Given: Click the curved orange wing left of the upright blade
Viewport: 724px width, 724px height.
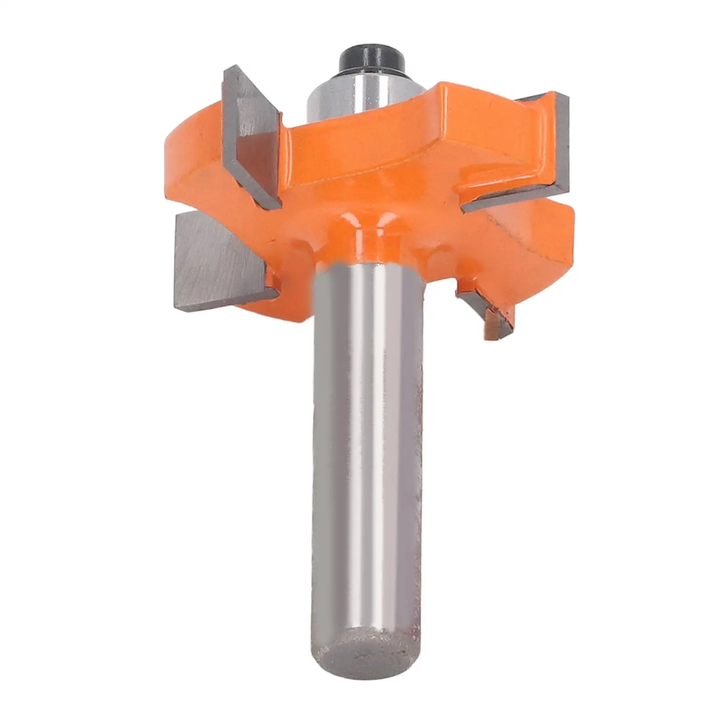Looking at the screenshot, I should [190, 149].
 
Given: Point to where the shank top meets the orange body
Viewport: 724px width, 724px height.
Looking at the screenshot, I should [369, 267].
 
